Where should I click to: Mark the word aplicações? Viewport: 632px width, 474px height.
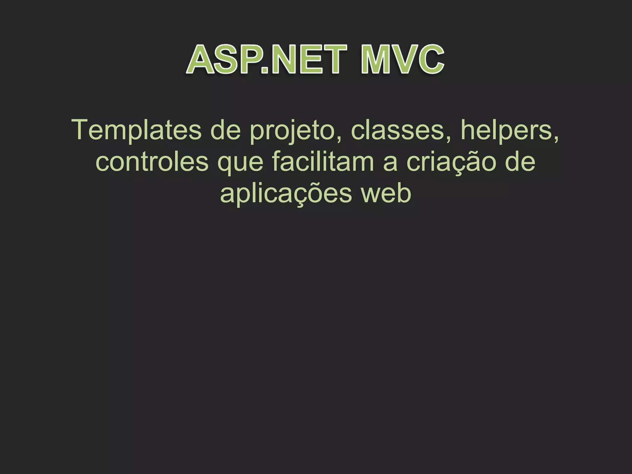(286, 194)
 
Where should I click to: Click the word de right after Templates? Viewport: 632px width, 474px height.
(225, 130)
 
